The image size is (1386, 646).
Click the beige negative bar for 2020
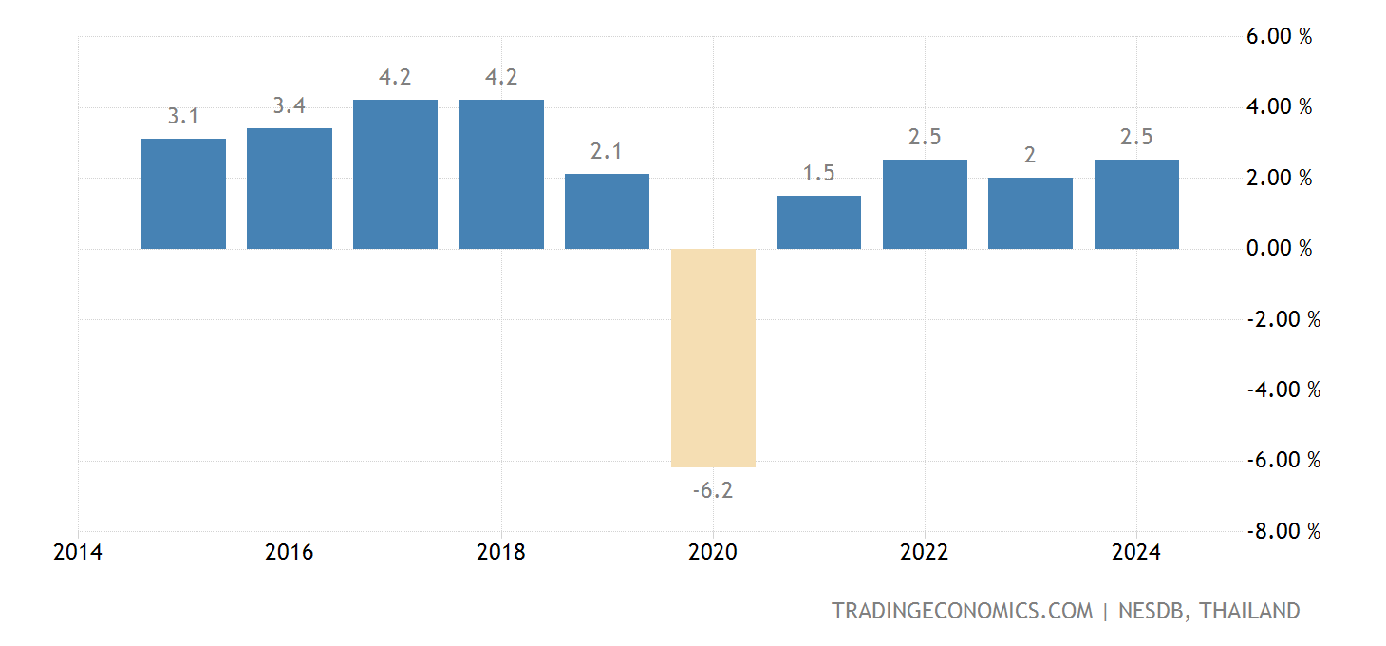(x=713, y=357)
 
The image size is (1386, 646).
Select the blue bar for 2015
(x=183, y=194)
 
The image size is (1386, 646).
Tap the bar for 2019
(x=607, y=211)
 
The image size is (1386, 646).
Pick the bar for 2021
(x=818, y=222)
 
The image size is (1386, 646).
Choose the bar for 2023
(x=1030, y=213)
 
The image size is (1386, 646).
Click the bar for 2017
(x=395, y=174)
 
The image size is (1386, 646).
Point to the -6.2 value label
(x=713, y=491)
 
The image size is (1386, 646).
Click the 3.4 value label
(x=290, y=106)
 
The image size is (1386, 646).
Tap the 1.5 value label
(x=818, y=174)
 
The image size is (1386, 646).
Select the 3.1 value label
(x=183, y=117)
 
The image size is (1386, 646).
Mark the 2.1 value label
(x=607, y=152)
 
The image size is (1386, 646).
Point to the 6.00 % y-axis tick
(x=1280, y=36)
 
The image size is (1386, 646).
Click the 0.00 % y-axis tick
(x=1280, y=249)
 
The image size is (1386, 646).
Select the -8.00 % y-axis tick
(x=1283, y=531)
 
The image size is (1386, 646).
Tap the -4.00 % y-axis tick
(x=1283, y=389)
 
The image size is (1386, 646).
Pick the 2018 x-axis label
(x=501, y=553)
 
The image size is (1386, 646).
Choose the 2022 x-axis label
(x=925, y=553)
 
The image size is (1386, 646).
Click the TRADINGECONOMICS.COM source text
(x=963, y=611)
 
